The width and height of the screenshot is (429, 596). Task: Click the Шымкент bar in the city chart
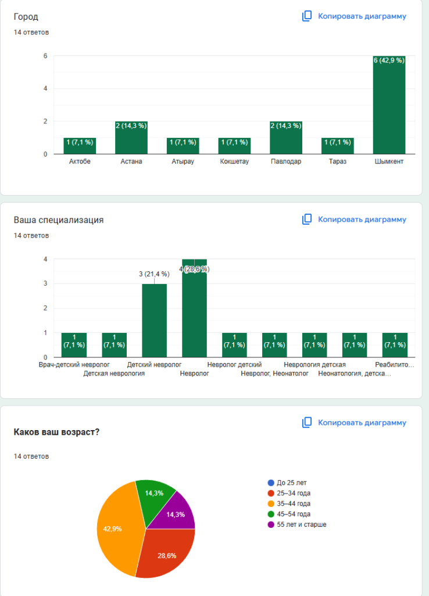[x=389, y=105]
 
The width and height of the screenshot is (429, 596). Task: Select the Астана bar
[x=131, y=138]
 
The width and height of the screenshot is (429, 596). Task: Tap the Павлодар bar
[x=286, y=138]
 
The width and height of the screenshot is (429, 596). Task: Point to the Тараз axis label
[x=337, y=161]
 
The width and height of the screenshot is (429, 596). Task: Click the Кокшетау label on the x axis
[x=234, y=161]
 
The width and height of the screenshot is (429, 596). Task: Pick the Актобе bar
[x=80, y=146]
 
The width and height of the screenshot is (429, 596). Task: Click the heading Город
[x=26, y=17]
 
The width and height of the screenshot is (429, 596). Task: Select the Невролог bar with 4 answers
[x=194, y=308]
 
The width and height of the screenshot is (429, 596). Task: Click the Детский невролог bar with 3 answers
[x=154, y=320]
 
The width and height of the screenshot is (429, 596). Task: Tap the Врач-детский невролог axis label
[x=74, y=364]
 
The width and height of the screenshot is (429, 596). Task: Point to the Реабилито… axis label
[x=395, y=364]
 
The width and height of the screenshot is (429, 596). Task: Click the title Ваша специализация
[x=59, y=220]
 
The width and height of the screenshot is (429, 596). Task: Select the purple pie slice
[x=176, y=512]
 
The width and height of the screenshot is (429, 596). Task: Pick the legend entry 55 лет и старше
[x=301, y=524]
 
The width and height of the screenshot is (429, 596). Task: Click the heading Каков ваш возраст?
[x=56, y=432]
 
